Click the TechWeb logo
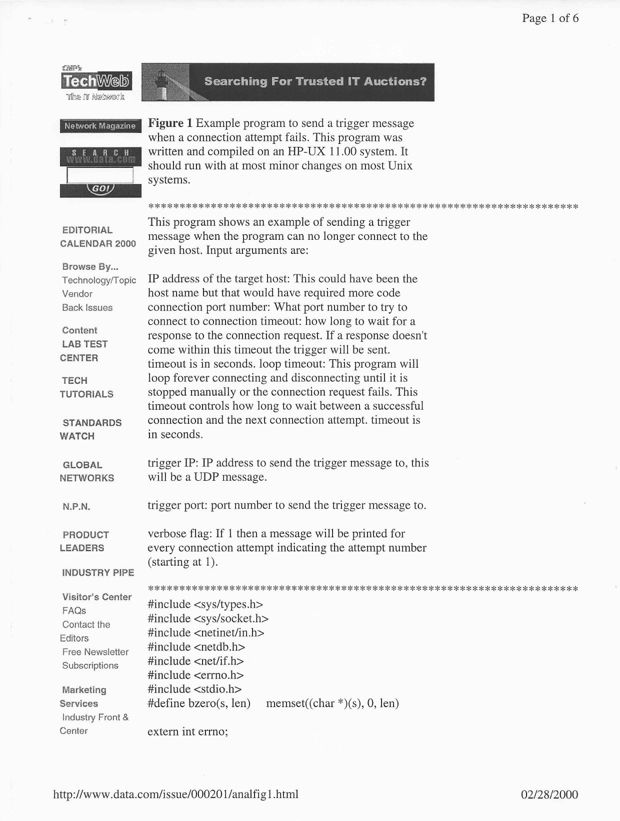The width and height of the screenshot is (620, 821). coord(96,81)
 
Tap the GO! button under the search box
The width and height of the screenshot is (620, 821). coord(100,189)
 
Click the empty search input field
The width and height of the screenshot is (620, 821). coord(100,175)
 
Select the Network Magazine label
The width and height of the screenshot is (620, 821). coord(99,126)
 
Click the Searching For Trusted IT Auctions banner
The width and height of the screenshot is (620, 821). coord(288,82)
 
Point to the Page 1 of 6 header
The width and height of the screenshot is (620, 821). coord(550,18)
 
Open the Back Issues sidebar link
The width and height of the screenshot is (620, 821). coord(87,307)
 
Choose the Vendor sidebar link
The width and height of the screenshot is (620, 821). coord(77,294)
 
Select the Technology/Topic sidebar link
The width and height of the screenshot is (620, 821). coord(99,280)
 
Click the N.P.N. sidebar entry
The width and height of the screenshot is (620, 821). coord(76,507)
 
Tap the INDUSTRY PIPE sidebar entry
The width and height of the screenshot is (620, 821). coord(98,573)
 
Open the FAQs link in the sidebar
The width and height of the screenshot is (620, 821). coord(74,611)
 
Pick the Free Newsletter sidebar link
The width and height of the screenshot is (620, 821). coord(95,652)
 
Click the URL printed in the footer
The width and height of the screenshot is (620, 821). coord(175,794)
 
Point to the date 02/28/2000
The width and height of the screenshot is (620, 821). coord(549,795)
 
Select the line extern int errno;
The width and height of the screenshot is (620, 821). coord(188,732)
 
